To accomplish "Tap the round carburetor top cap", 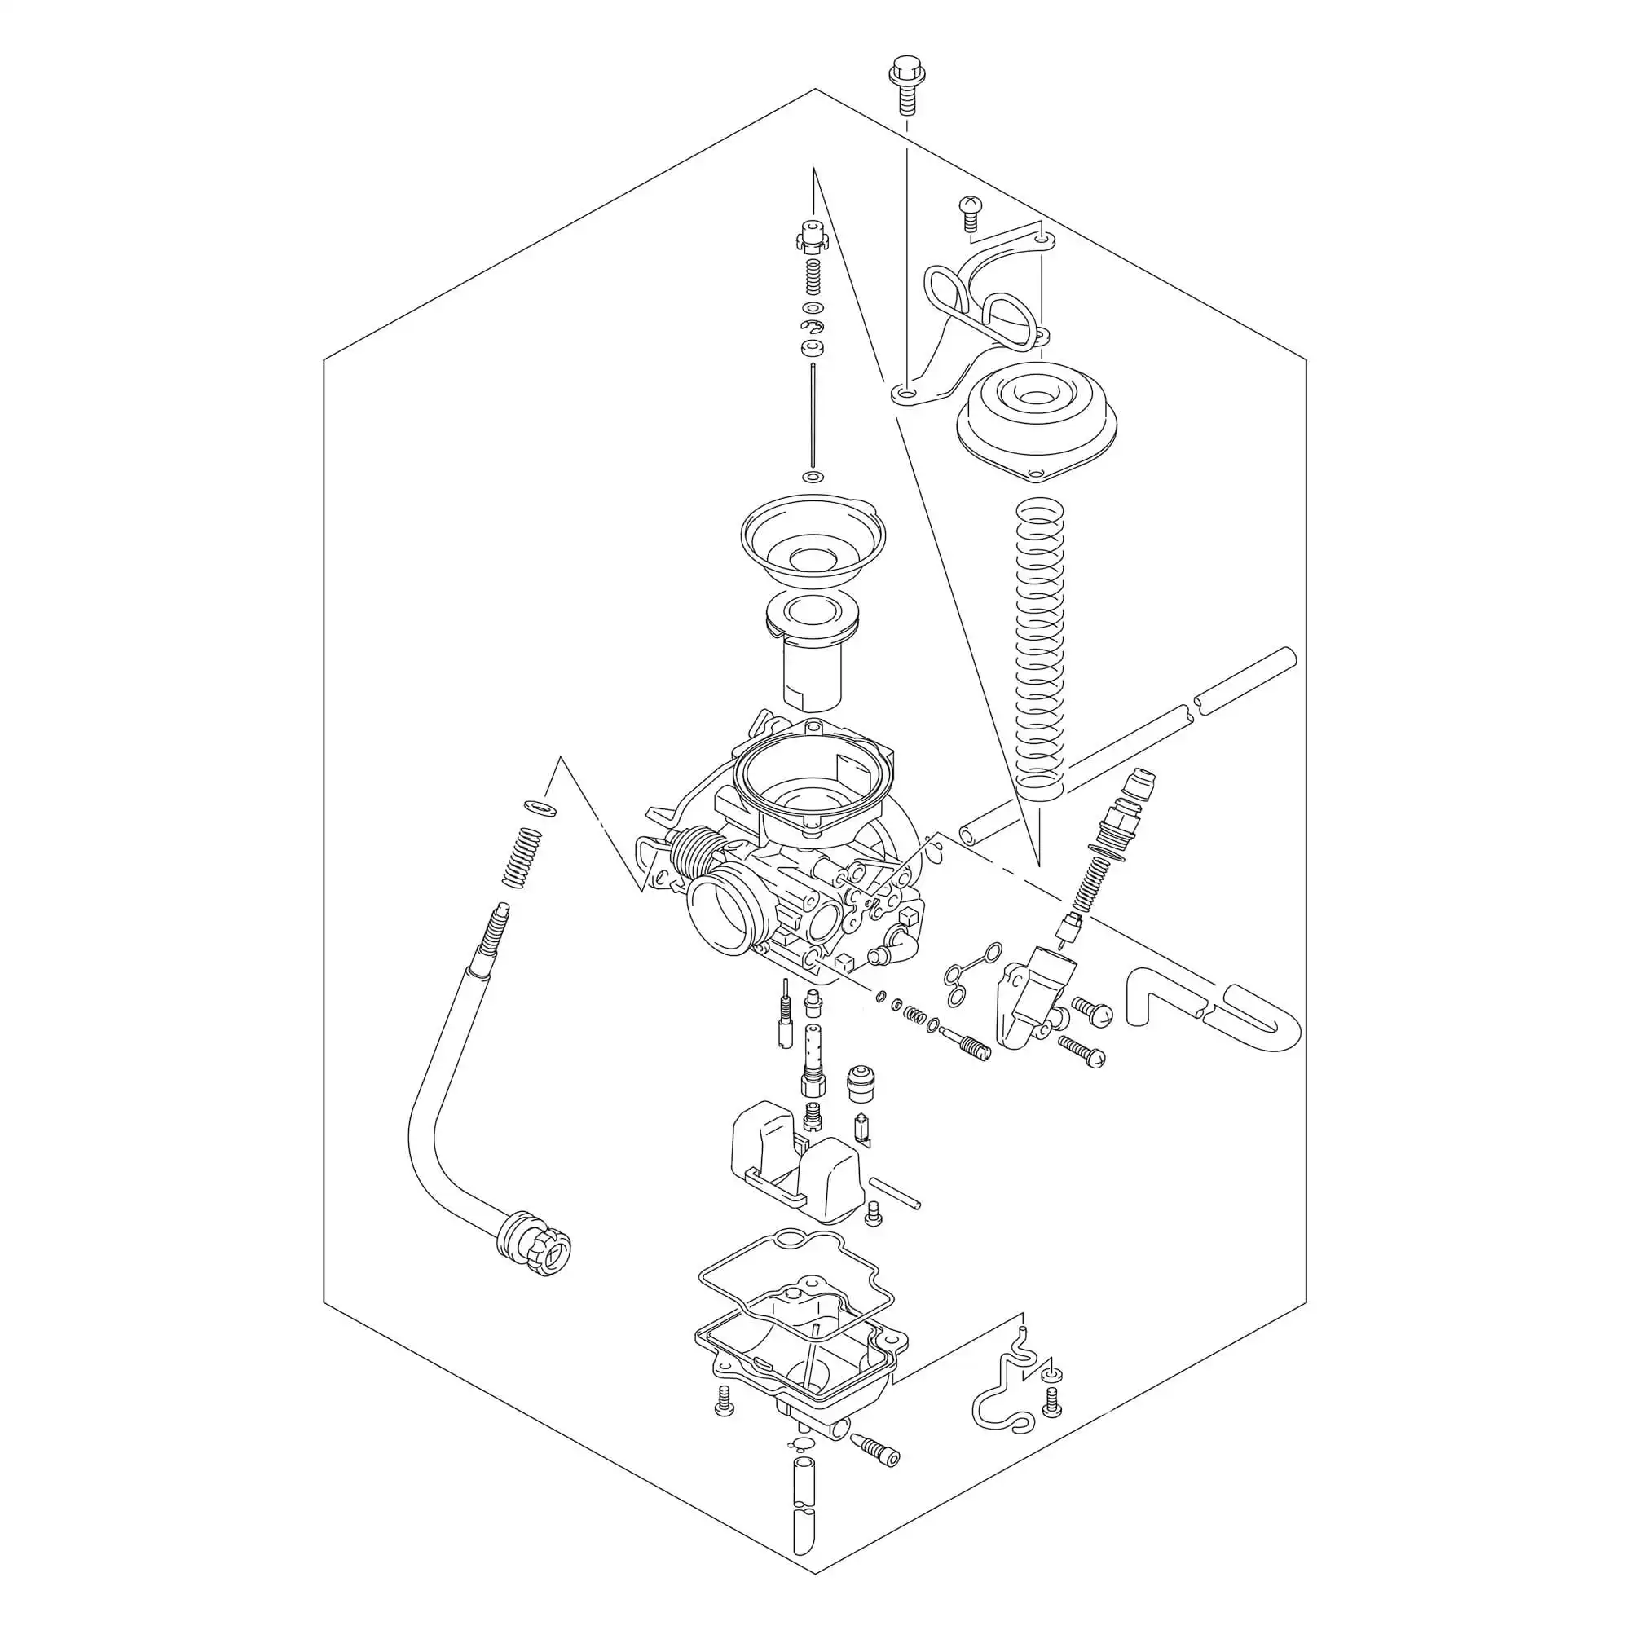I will tap(1036, 417).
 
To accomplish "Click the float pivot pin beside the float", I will tap(894, 1194).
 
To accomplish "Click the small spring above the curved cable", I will tap(522, 859).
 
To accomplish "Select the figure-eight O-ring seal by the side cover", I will tap(968, 975).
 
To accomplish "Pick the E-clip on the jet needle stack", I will tap(812, 327).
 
